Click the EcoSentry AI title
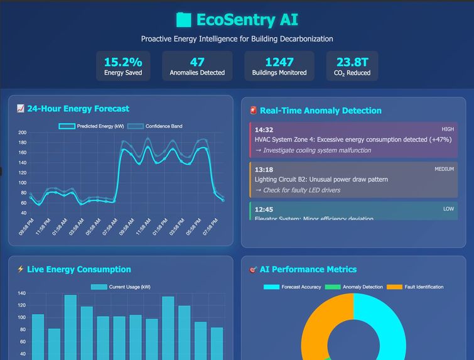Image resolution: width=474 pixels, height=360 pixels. click(x=237, y=19)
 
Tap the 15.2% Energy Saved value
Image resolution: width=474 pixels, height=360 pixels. click(x=123, y=62)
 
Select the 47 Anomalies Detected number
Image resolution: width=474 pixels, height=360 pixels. click(x=197, y=62)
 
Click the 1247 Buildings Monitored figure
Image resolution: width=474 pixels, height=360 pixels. click(x=279, y=62)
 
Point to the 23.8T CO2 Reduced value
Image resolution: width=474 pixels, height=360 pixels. click(x=352, y=62)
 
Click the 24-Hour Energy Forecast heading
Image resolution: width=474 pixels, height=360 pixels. click(x=78, y=109)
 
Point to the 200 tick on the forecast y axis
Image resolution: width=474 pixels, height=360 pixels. click(x=22, y=133)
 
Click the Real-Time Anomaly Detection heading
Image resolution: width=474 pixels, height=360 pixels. click(x=320, y=111)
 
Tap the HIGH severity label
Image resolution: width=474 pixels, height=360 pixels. click(x=447, y=129)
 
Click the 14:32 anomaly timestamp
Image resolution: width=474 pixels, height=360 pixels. click(x=264, y=130)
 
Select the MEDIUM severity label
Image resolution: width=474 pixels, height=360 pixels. click(x=444, y=169)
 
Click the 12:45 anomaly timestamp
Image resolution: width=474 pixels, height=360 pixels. click(x=264, y=209)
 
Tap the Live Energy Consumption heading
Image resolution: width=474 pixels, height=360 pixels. click(x=78, y=270)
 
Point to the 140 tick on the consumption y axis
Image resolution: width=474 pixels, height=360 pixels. click(x=22, y=293)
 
